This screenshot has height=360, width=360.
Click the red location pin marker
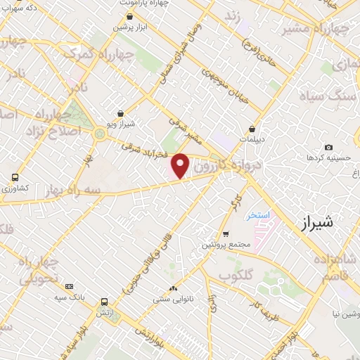click(181, 165)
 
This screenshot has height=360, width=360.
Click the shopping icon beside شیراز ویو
click(122, 112)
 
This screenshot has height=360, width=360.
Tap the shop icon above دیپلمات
click(252, 129)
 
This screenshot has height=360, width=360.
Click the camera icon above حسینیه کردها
click(328, 147)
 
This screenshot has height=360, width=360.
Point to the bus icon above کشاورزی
click(15, 178)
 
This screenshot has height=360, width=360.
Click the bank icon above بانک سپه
click(69, 286)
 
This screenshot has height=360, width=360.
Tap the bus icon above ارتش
click(104, 300)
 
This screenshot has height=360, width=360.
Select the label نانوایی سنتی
click(173, 299)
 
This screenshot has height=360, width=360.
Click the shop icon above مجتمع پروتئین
click(226, 234)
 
